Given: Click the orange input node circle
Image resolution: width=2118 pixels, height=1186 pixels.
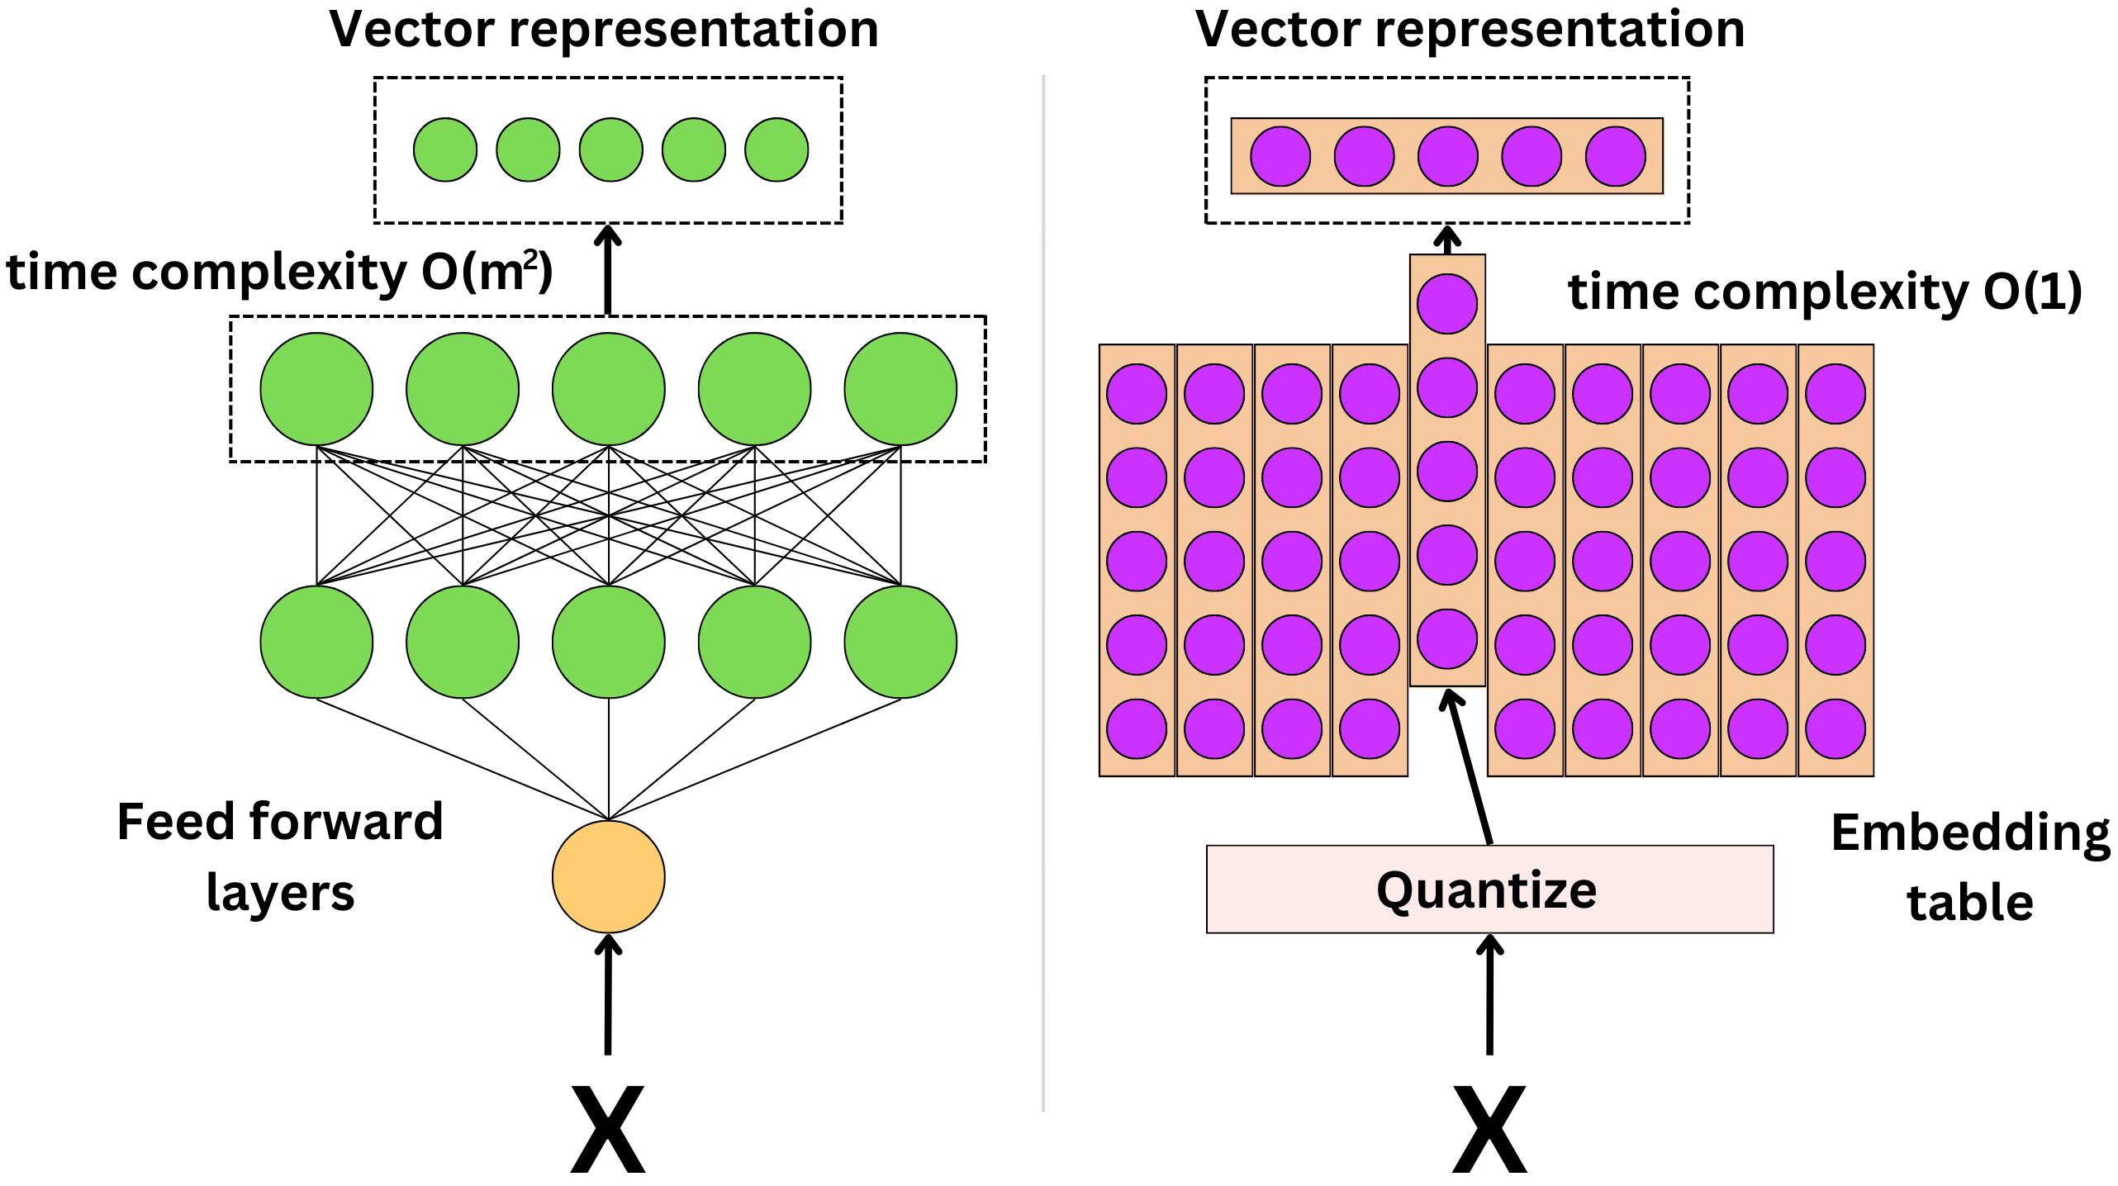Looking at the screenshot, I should (608, 876).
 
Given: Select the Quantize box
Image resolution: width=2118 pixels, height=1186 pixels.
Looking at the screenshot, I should (1489, 889).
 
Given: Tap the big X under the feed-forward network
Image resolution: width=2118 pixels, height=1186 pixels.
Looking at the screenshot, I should (608, 1129).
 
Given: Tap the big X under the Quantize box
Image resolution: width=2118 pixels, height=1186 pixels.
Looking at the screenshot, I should (1489, 1129).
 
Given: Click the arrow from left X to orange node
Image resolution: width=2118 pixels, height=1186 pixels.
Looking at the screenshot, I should (608, 995).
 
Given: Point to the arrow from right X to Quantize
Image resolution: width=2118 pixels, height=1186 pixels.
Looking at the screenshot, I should (1489, 995).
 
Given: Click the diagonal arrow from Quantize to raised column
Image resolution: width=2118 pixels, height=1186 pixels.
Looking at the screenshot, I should (1470, 768).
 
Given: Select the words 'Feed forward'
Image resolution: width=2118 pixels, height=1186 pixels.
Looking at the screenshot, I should (280, 822).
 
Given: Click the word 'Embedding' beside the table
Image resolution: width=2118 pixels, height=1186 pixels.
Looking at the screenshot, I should (1970, 833).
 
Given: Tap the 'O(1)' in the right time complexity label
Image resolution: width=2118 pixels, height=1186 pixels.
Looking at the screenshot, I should (2032, 292).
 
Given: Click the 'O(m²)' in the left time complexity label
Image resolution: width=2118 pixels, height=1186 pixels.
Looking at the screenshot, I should (487, 272).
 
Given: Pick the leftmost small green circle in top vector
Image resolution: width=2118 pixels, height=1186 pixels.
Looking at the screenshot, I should (445, 149).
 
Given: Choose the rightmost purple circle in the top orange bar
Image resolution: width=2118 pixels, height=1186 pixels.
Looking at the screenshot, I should (1615, 156).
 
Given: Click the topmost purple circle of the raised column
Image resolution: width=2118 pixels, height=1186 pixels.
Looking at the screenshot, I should (1447, 304).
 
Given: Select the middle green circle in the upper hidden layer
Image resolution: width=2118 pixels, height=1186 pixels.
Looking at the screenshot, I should (608, 389).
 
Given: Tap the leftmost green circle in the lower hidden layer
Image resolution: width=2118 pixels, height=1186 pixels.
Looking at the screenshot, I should (316, 642).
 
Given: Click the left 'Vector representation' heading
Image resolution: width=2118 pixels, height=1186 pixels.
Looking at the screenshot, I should (604, 30).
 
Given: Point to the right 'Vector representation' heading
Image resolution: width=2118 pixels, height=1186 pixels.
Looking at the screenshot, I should (1470, 30).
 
